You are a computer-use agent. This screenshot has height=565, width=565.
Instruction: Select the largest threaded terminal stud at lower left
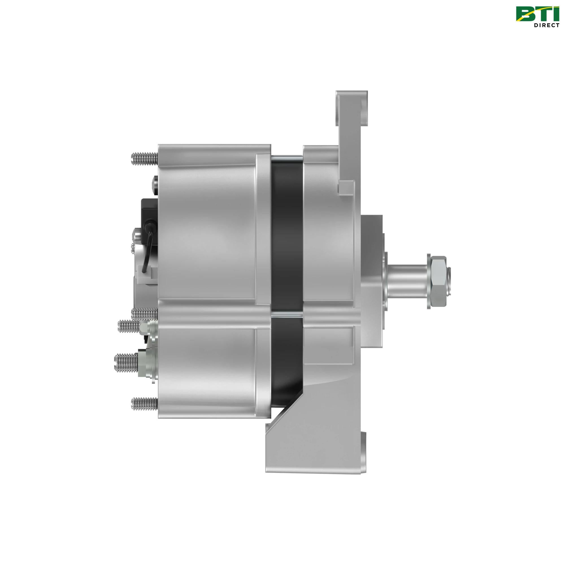click(126, 362)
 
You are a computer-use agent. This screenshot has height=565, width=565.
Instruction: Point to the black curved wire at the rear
click(149, 247)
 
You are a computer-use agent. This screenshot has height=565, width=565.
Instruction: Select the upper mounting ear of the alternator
click(351, 114)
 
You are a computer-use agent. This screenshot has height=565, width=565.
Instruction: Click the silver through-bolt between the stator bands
click(286, 314)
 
